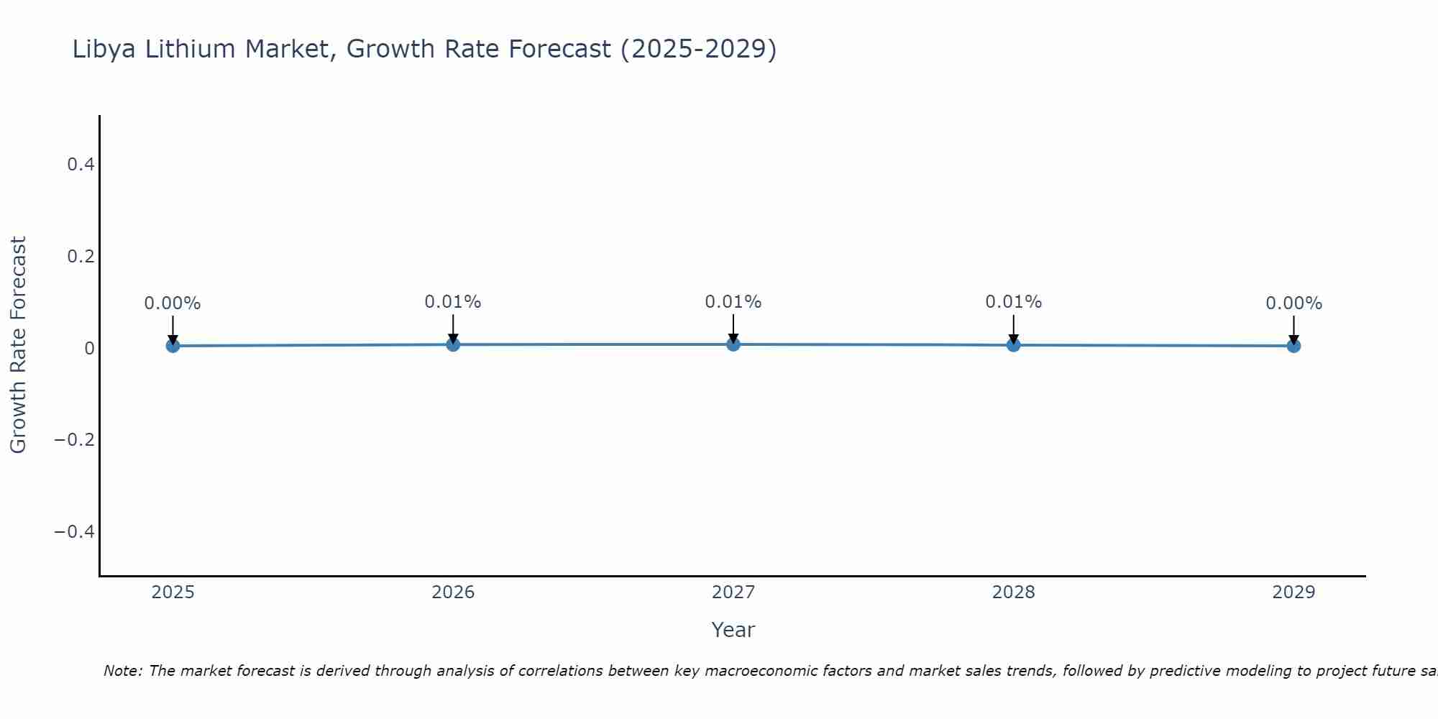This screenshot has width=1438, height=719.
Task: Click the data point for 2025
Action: pyautogui.click(x=173, y=346)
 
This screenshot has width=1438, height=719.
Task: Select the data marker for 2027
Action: pyautogui.click(x=733, y=344)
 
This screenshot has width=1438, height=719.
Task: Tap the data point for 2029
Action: pyautogui.click(x=1293, y=346)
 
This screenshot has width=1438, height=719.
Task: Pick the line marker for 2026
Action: pyautogui.click(x=453, y=344)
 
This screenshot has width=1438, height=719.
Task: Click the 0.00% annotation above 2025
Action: pyautogui.click(x=173, y=303)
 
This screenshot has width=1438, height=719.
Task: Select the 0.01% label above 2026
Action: pyautogui.click(x=453, y=302)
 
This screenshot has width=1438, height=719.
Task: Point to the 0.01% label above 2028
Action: pyautogui.click(x=1013, y=302)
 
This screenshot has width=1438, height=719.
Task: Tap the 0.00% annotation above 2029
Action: pyautogui.click(x=1293, y=303)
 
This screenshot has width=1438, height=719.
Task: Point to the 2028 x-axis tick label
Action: pyautogui.click(x=1013, y=592)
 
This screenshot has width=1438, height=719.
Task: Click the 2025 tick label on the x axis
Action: pyautogui.click(x=173, y=592)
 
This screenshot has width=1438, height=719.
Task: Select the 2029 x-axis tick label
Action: pyautogui.click(x=1293, y=592)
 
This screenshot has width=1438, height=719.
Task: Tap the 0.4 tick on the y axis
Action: pyautogui.click(x=81, y=165)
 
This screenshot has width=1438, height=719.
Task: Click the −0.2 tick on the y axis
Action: pyautogui.click(x=75, y=439)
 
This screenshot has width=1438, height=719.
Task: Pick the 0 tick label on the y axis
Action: pyautogui.click(x=89, y=348)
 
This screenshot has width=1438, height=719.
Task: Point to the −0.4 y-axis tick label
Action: pyautogui.click(x=75, y=531)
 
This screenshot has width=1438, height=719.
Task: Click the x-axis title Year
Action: pyautogui.click(x=733, y=630)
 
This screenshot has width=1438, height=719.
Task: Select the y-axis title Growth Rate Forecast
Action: pyautogui.click(x=18, y=345)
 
